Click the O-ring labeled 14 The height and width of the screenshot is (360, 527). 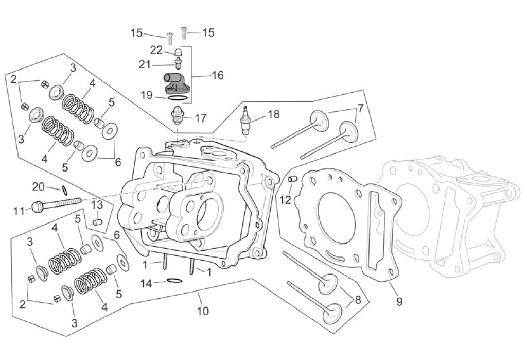point(174,281)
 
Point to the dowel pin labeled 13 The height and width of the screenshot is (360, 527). point(97,222)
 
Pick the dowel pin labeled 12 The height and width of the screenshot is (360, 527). point(292,179)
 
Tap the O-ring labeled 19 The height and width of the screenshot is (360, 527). point(177,98)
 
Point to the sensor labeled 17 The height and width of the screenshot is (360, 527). point(177,115)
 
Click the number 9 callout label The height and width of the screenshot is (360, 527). point(399,301)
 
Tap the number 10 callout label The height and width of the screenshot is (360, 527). point(203,311)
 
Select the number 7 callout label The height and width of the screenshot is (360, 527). point(360,108)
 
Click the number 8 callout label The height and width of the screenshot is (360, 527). point(358,299)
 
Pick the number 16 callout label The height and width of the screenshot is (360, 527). point(218,75)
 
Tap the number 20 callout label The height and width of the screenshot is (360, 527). point(38,186)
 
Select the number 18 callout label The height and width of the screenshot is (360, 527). point(274,114)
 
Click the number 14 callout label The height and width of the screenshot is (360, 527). point(146,284)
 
